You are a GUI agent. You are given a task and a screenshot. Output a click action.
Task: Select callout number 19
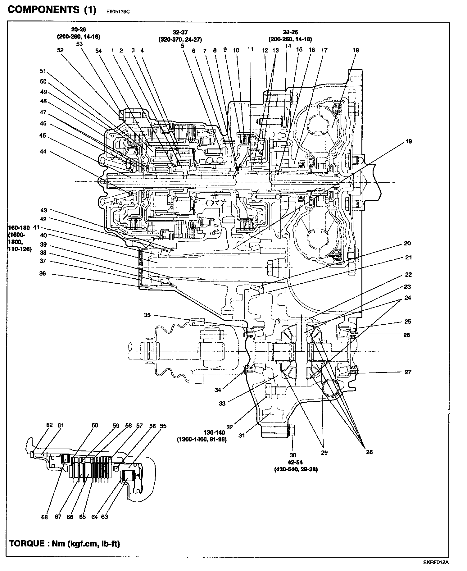[x=409, y=142]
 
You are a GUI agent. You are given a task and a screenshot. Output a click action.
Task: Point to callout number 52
[x=60, y=50]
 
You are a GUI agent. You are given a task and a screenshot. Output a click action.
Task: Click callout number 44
[x=43, y=151]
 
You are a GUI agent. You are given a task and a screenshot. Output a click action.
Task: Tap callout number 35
[x=147, y=315]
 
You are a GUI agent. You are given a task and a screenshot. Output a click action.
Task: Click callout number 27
[x=408, y=372]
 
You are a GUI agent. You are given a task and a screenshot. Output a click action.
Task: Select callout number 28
[x=369, y=452]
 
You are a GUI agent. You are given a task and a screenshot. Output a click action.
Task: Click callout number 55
[x=163, y=426]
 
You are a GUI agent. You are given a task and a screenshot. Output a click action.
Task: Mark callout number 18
[x=356, y=50]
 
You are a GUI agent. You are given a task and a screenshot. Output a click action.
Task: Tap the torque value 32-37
[x=180, y=32]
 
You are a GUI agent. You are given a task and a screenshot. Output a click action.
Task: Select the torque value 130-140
[x=214, y=432]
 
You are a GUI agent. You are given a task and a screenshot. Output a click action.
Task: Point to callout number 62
[x=50, y=425]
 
